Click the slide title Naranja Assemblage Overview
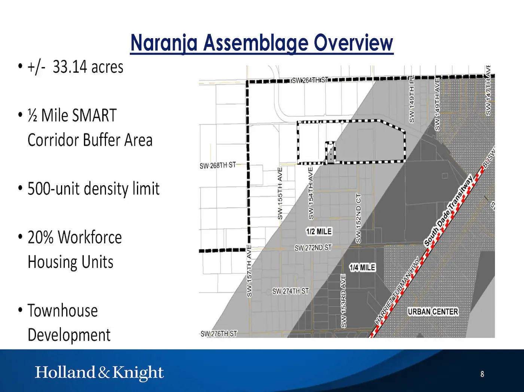[262, 43]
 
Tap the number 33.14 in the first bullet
[70, 67]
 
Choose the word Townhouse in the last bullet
[63, 311]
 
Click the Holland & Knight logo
[99, 373]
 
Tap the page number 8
[482, 374]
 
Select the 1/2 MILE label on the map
[319, 231]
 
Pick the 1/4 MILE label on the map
[362, 268]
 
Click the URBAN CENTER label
[433, 312]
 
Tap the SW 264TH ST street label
[310, 80]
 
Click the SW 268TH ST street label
[218, 165]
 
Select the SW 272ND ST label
[313, 248]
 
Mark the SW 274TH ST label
[290, 291]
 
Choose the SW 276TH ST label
[219, 334]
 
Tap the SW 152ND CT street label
[358, 218]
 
